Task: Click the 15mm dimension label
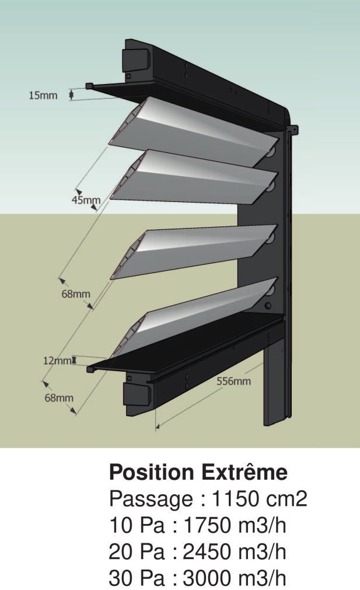[x=43, y=95]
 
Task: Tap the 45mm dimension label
[x=86, y=200]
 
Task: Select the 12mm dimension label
[x=57, y=361]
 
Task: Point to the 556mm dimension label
[x=233, y=381]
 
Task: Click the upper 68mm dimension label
[x=76, y=294]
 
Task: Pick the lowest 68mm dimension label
[x=59, y=397]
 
